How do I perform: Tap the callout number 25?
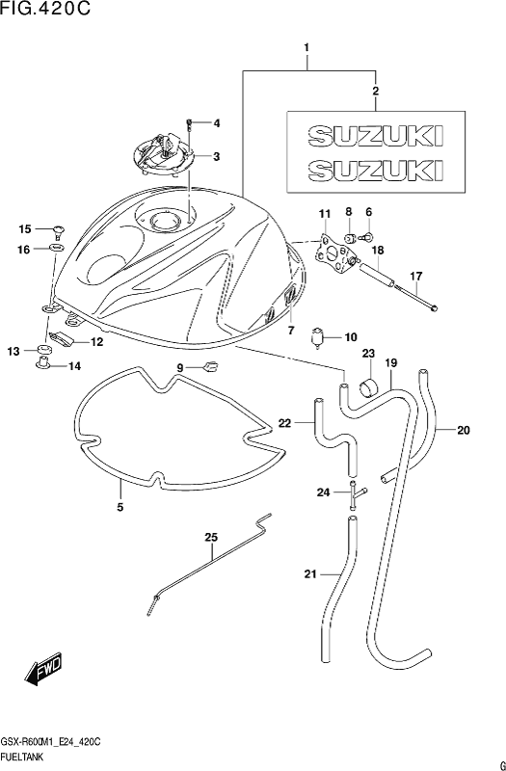211,538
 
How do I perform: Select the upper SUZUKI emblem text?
376,136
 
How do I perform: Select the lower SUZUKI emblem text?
376,170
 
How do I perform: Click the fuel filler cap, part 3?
163,155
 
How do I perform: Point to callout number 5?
120,507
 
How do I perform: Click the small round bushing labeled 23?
369,387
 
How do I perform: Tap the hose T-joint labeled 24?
356,496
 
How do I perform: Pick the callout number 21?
310,573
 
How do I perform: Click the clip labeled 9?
211,366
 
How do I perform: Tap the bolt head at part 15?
59,229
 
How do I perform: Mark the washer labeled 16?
57,248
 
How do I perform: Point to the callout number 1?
306,47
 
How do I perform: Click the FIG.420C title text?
45,9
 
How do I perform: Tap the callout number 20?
464,430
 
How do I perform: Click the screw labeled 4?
189,124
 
